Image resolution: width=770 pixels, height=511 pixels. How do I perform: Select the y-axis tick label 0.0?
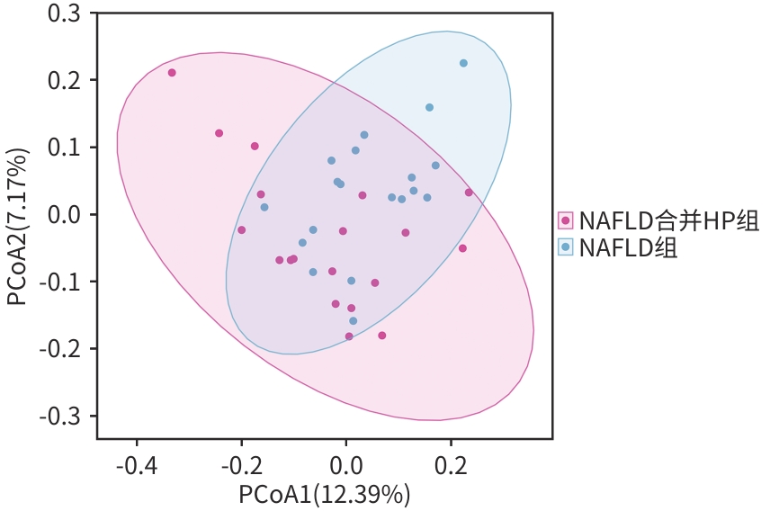coord(61,214)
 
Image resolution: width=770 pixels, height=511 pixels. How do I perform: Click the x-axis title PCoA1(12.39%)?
coord(325,494)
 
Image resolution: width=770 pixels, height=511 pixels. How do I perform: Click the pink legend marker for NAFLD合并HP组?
coord(566,220)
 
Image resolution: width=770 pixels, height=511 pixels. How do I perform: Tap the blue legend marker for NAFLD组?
coord(566,247)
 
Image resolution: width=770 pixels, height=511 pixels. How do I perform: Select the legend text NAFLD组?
coord(629,247)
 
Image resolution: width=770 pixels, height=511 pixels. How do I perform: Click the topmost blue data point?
coord(463,63)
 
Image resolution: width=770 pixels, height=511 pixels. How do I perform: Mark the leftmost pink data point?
coord(172,73)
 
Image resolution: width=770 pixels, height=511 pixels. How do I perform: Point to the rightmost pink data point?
coord(469,193)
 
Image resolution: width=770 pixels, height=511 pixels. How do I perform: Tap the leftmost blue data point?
coord(264,207)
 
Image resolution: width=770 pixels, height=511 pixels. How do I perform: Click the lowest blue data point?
coord(353,320)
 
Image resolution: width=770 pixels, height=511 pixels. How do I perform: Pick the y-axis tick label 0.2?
coord(61,80)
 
